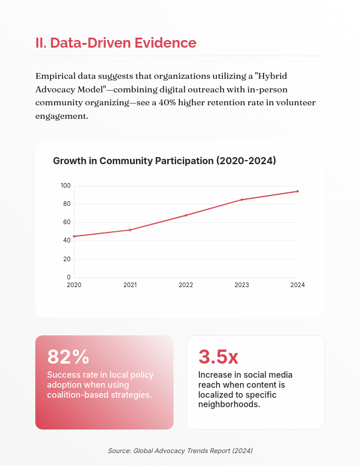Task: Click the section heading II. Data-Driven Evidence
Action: coord(116,43)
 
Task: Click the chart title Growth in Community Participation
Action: coord(164,161)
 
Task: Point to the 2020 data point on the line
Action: coord(74,237)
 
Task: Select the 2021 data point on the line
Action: coord(130,230)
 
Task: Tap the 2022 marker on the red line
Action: coord(186,215)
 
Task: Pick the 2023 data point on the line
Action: coord(242,199)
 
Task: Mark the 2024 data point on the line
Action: coord(298,191)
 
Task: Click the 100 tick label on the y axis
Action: coord(65,186)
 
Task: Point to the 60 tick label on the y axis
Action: coord(67,222)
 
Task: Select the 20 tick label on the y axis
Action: coord(67,259)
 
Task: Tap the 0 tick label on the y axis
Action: coord(69,277)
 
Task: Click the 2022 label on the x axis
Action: coord(186,285)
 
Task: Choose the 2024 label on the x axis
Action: coord(298,285)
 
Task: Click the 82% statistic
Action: coord(68,357)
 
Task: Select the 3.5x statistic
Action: coord(218,357)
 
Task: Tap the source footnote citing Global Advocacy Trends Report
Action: coord(180,450)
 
